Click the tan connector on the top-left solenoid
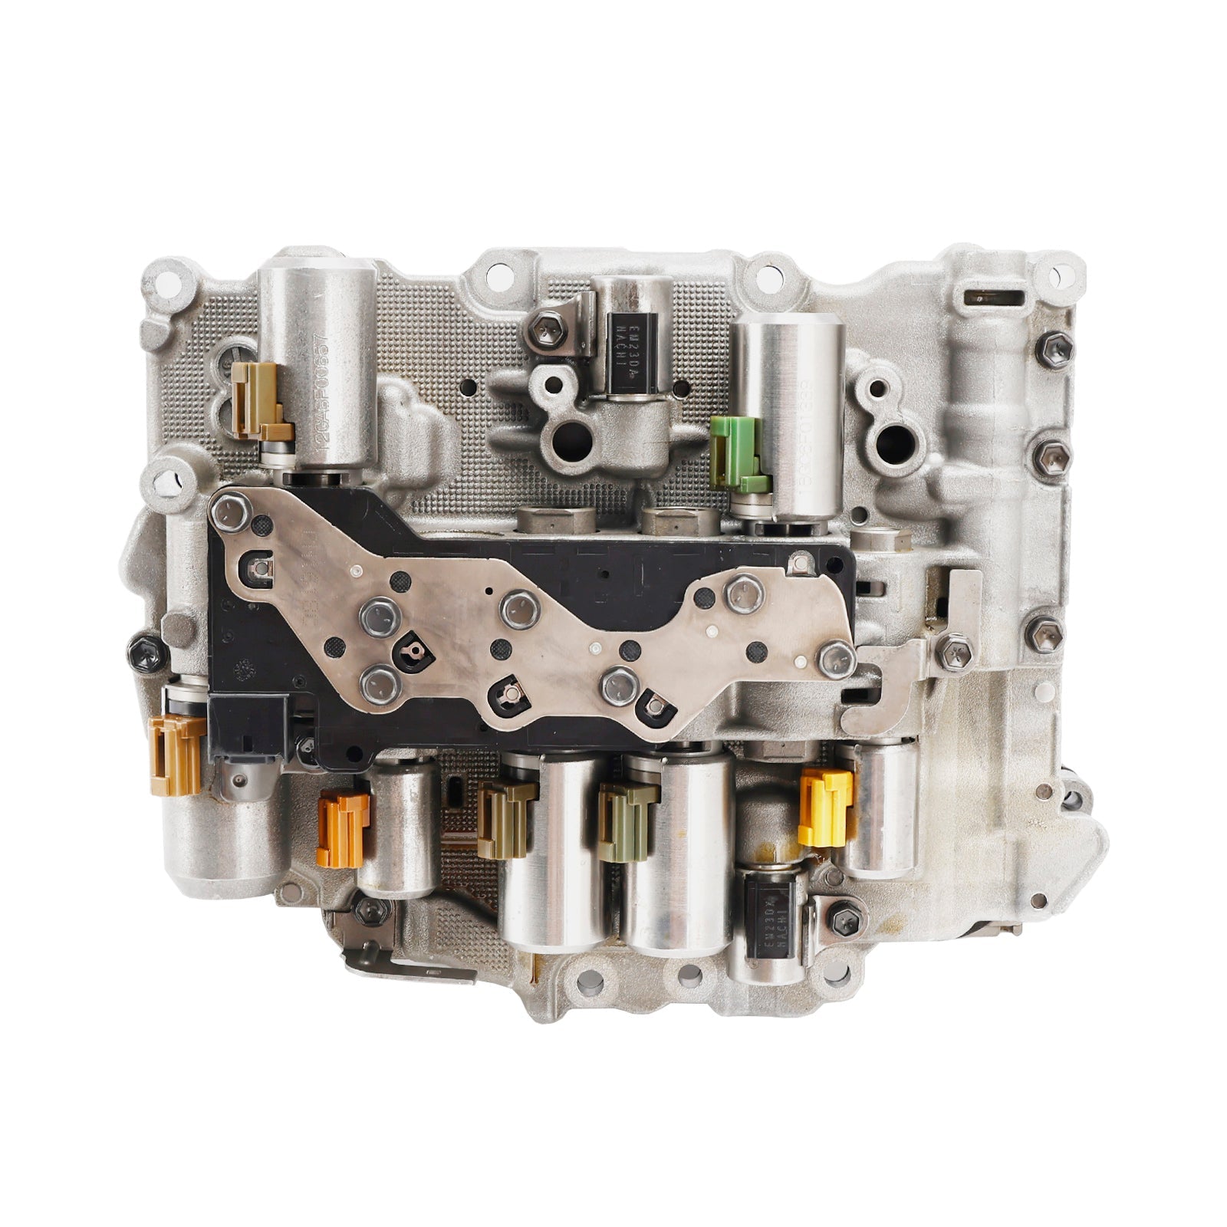tap(258, 399)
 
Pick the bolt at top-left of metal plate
tap(230, 512)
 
